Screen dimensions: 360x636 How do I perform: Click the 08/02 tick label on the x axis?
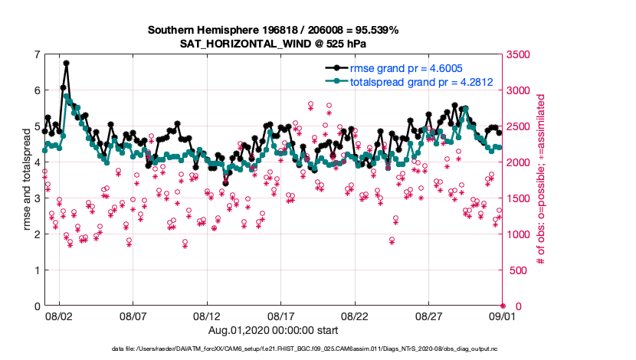pos(59,316)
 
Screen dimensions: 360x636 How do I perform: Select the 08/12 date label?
pos(207,316)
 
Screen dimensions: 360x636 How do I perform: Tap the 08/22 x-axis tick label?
pos(355,316)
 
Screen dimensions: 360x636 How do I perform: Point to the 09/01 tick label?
pos(503,316)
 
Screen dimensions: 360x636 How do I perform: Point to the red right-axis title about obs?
pos(540,180)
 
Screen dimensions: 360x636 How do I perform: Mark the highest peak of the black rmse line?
pos(67,64)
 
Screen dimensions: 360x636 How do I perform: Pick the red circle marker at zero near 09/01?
pos(503,306)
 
